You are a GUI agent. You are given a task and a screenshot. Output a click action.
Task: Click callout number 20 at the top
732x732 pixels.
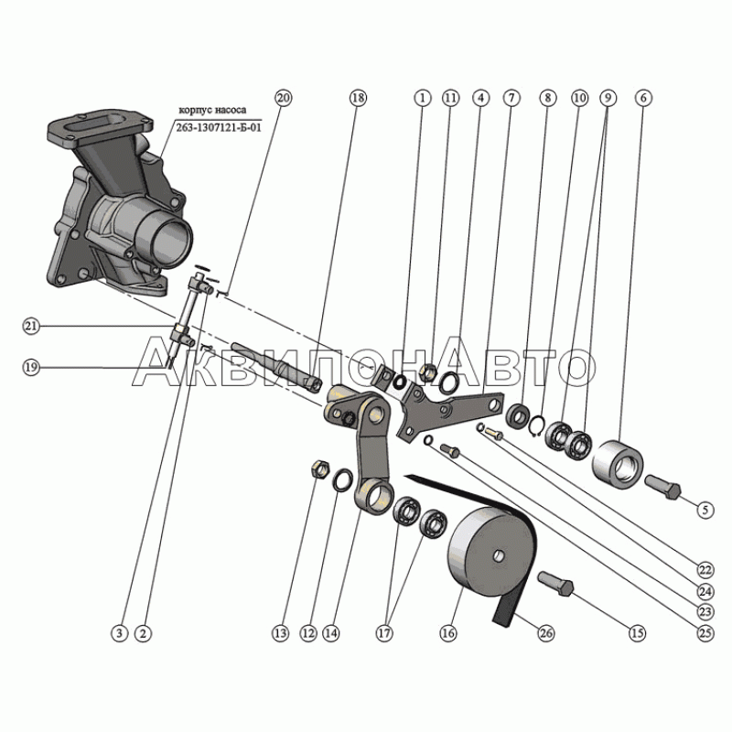point(283,97)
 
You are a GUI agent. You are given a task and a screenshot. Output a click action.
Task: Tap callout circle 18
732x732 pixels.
point(357,97)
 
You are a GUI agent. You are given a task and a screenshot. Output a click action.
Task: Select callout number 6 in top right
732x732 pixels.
point(643,97)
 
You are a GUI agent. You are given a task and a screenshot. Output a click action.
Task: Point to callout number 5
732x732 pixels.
point(705,509)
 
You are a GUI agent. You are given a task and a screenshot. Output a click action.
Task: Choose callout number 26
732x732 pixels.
point(546,631)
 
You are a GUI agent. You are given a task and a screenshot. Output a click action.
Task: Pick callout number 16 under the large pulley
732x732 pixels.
point(448,631)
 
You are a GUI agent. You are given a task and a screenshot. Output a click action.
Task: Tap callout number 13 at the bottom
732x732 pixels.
point(279,631)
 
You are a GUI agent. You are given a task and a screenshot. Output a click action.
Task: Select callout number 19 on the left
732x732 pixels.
point(31,367)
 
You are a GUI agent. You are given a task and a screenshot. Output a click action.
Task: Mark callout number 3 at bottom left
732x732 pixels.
point(118,631)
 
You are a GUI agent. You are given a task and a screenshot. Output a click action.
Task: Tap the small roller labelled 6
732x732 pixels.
point(619,461)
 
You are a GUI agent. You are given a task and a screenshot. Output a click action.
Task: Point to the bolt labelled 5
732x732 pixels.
point(662,485)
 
